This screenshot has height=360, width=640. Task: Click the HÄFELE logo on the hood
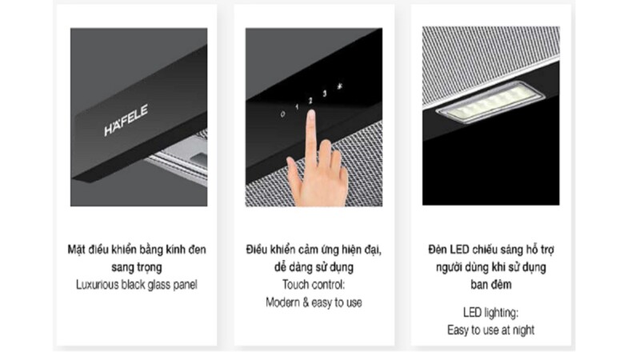[126, 121]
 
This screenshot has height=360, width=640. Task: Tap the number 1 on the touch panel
[297, 107]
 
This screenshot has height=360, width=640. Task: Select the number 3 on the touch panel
[325, 94]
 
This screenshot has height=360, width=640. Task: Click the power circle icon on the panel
[282, 114]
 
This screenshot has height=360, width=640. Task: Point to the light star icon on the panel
[339, 86]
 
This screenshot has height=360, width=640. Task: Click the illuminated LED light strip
[490, 102]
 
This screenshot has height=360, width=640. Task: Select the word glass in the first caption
[160, 285]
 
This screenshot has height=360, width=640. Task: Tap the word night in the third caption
[523, 330]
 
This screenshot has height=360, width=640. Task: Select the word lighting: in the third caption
[501, 313]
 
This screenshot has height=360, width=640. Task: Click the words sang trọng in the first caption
[137, 267]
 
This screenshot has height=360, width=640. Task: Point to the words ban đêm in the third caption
[490, 284]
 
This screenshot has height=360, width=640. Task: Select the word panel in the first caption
[186, 285]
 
